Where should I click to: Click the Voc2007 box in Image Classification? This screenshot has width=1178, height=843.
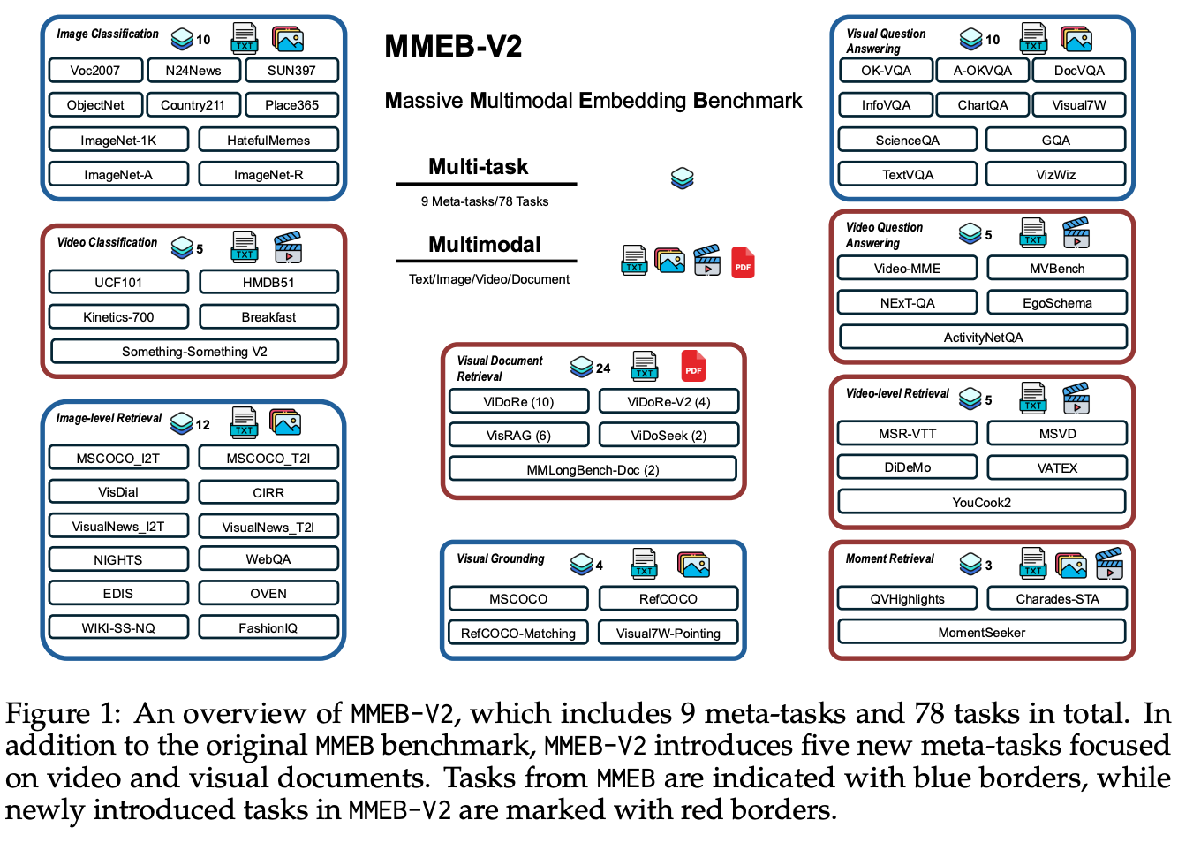pyautogui.click(x=95, y=71)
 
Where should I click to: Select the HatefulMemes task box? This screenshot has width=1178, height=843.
pyautogui.click(x=268, y=140)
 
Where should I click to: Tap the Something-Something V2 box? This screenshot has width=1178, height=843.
pyautogui.click(x=194, y=351)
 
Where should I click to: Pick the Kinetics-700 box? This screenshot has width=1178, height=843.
pyautogui.click(x=118, y=316)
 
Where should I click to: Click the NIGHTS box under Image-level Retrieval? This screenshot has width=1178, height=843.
pyautogui.click(x=118, y=559)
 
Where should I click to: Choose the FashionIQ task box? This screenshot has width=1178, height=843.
pyautogui.click(x=268, y=627)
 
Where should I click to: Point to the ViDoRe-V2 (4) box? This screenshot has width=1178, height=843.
pyautogui.click(x=668, y=401)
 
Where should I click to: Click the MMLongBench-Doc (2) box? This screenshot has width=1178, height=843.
pyautogui.click(x=593, y=469)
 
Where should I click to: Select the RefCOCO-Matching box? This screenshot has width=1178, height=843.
pyautogui.click(x=518, y=633)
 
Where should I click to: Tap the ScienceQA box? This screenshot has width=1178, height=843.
pyautogui.click(x=907, y=140)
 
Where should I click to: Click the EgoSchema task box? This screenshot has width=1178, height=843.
pyautogui.click(x=1057, y=302)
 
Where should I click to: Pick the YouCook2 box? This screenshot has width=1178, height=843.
pyautogui.click(x=981, y=502)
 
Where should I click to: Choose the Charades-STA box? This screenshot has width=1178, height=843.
pyautogui.click(x=1057, y=598)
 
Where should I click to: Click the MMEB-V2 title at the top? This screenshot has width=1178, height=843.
pyautogui.click(x=453, y=46)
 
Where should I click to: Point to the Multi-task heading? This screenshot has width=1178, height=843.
pyautogui.click(x=478, y=166)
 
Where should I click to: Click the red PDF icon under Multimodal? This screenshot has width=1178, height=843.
pyautogui.click(x=743, y=262)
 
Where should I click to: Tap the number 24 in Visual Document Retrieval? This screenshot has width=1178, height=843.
pyautogui.click(x=603, y=368)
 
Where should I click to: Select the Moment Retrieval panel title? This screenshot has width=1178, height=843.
pyautogui.click(x=889, y=558)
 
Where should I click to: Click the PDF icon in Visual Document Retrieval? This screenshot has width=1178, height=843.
pyautogui.click(x=693, y=366)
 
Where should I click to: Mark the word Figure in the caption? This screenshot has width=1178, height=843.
pyautogui.click(x=48, y=713)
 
